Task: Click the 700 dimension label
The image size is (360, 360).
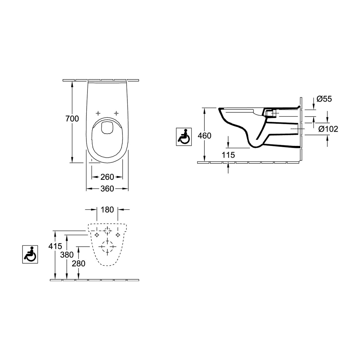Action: point(72,119)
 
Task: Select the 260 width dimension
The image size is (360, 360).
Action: point(107,177)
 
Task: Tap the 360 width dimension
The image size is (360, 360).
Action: point(107,189)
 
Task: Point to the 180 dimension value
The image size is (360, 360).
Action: point(107,210)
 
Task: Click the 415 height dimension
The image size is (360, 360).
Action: point(56,246)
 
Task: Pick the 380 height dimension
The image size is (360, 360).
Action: point(67,255)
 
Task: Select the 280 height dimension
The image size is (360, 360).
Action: point(79,263)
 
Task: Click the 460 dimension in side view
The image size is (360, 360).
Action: point(204,136)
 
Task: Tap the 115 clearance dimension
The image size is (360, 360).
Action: point(228,155)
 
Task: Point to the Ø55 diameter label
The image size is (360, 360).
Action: point(324,99)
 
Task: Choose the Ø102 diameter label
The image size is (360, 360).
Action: point(328,129)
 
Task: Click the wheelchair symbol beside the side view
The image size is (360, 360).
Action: point(184,137)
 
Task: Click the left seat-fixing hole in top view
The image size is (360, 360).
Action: point(98,113)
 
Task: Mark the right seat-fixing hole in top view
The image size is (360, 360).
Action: point(117,113)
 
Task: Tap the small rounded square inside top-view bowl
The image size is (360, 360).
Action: point(107,128)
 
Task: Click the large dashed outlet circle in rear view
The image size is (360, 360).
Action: point(107,246)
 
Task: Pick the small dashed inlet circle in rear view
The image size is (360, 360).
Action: point(107,230)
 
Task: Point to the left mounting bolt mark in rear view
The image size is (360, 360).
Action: point(97,235)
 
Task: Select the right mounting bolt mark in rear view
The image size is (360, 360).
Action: point(118,235)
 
